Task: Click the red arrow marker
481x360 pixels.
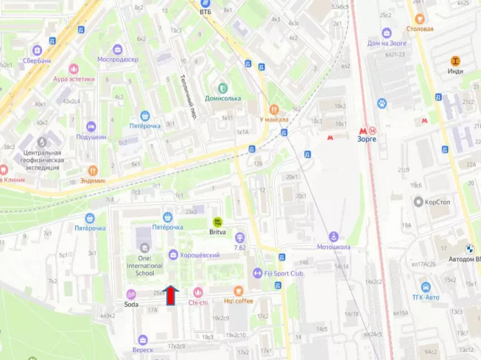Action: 171,296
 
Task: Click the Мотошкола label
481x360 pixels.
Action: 333,247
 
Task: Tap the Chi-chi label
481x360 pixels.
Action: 197,302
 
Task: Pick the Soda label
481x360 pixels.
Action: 131,303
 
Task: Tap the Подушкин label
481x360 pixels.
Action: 91,137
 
